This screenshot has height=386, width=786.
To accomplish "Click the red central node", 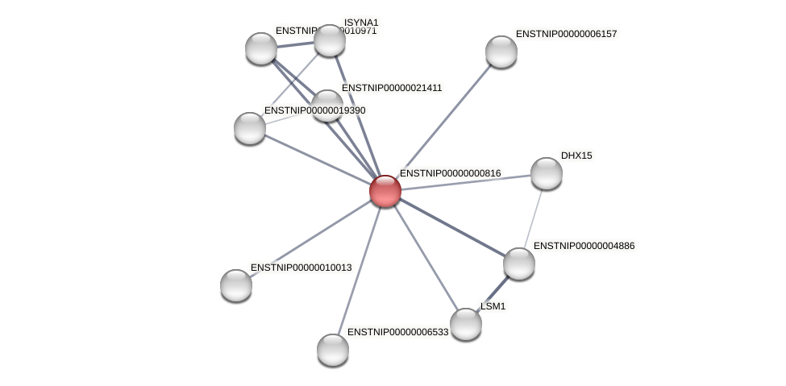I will [x=385, y=191].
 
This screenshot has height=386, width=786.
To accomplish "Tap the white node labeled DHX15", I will [x=546, y=173].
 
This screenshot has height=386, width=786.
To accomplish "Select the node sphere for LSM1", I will [x=466, y=324].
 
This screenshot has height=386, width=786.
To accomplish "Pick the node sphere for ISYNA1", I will [x=329, y=40].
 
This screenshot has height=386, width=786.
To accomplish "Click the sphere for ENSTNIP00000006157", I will [x=501, y=52].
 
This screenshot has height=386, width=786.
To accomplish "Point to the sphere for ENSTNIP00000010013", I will [x=236, y=284].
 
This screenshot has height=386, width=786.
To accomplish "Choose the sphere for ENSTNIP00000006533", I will [x=333, y=350].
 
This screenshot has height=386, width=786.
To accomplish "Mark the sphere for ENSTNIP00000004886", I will [x=518, y=264].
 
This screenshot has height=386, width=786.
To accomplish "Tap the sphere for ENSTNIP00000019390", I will [x=250, y=128].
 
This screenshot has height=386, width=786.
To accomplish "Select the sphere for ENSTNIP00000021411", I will [x=326, y=106].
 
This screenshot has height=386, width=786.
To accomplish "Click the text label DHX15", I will [x=576, y=156].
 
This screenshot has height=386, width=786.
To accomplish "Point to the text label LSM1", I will [x=493, y=306].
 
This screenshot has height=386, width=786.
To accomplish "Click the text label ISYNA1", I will [x=360, y=23].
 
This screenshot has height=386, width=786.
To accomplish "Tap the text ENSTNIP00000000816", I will [x=450, y=173].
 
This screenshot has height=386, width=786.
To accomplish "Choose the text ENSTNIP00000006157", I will [x=566, y=34].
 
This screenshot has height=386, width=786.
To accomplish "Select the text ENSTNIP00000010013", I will [x=301, y=268].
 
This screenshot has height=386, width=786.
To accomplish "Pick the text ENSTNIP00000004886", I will [x=584, y=246].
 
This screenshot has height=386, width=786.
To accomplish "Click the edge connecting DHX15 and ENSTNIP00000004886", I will [x=533, y=218].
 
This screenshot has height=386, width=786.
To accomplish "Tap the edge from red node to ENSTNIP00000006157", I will [x=443, y=121].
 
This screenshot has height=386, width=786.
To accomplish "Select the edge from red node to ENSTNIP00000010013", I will [x=310, y=238].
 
